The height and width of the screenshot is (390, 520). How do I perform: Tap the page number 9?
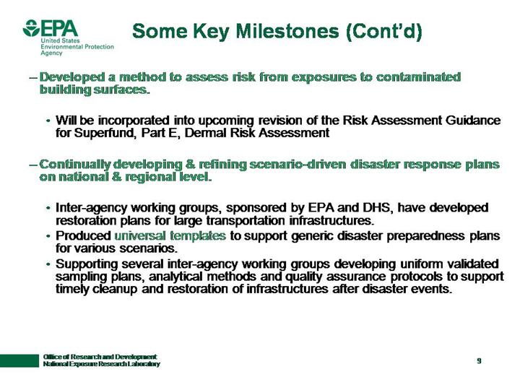pos(479,360)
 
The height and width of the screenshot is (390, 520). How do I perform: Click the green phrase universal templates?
pos(171,235)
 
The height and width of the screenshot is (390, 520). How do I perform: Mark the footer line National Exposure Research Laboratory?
pos(101,364)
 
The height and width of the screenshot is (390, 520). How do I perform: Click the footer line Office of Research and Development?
pos(100,357)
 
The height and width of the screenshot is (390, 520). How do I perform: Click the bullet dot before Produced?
pos(48,236)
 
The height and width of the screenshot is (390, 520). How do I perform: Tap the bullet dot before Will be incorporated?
pos(48,120)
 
